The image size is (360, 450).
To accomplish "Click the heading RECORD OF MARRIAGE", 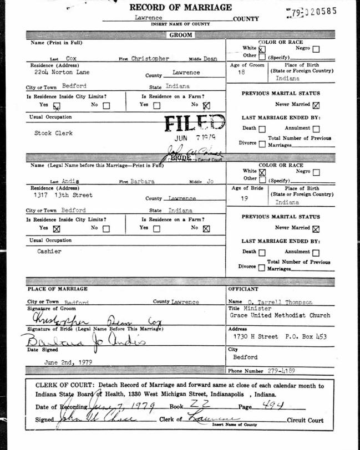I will pos(180,8).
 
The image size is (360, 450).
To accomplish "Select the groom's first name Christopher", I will pos(150,58).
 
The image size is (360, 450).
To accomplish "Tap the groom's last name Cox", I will pos(70,58).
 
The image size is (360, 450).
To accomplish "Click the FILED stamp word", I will pos(194,124).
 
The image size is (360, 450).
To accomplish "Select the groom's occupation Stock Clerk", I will pos(53,134).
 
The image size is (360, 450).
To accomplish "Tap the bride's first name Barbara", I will pos(142,182).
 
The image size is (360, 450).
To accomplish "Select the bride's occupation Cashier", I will pos(50,252).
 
